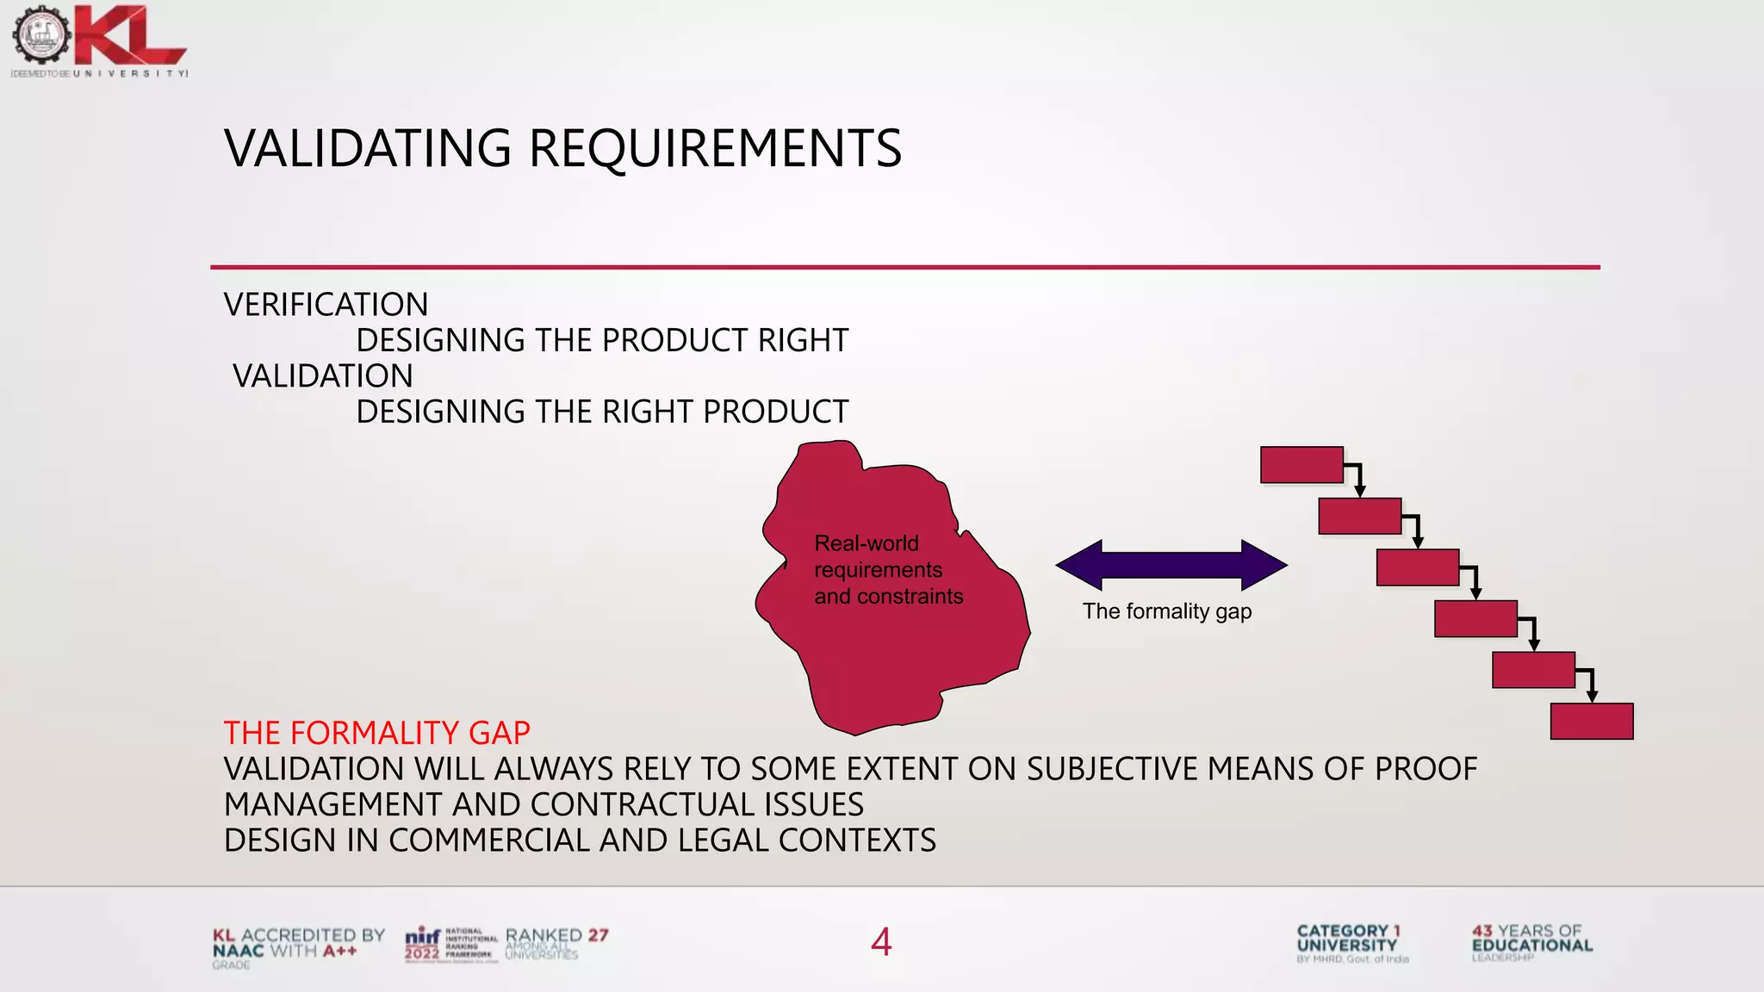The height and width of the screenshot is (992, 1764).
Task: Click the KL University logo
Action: [x=99, y=41]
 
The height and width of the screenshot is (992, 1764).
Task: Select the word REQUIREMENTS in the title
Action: [x=715, y=148]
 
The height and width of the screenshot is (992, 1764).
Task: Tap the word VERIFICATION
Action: [x=326, y=305]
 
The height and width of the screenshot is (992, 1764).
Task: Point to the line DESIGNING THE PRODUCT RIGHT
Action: [x=602, y=341]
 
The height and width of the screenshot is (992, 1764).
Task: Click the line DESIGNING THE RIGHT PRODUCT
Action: [x=602, y=412]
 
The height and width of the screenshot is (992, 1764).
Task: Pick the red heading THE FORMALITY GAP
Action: [x=376, y=734]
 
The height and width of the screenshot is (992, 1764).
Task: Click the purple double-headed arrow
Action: [x=1171, y=565]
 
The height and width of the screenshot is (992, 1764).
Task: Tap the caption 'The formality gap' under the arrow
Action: [x=1167, y=611]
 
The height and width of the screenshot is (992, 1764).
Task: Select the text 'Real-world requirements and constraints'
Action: [x=888, y=570]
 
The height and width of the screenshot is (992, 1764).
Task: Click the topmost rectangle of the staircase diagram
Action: [x=1301, y=465]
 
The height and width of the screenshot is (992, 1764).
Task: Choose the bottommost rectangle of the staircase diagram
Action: [x=1592, y=722]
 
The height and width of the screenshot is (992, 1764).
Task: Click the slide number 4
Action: [x=881, y=942]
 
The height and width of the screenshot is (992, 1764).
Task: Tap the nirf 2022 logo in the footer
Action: [x=450, y=945]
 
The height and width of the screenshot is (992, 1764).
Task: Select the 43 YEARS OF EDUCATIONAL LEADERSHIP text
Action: [x=1532, y=943]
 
